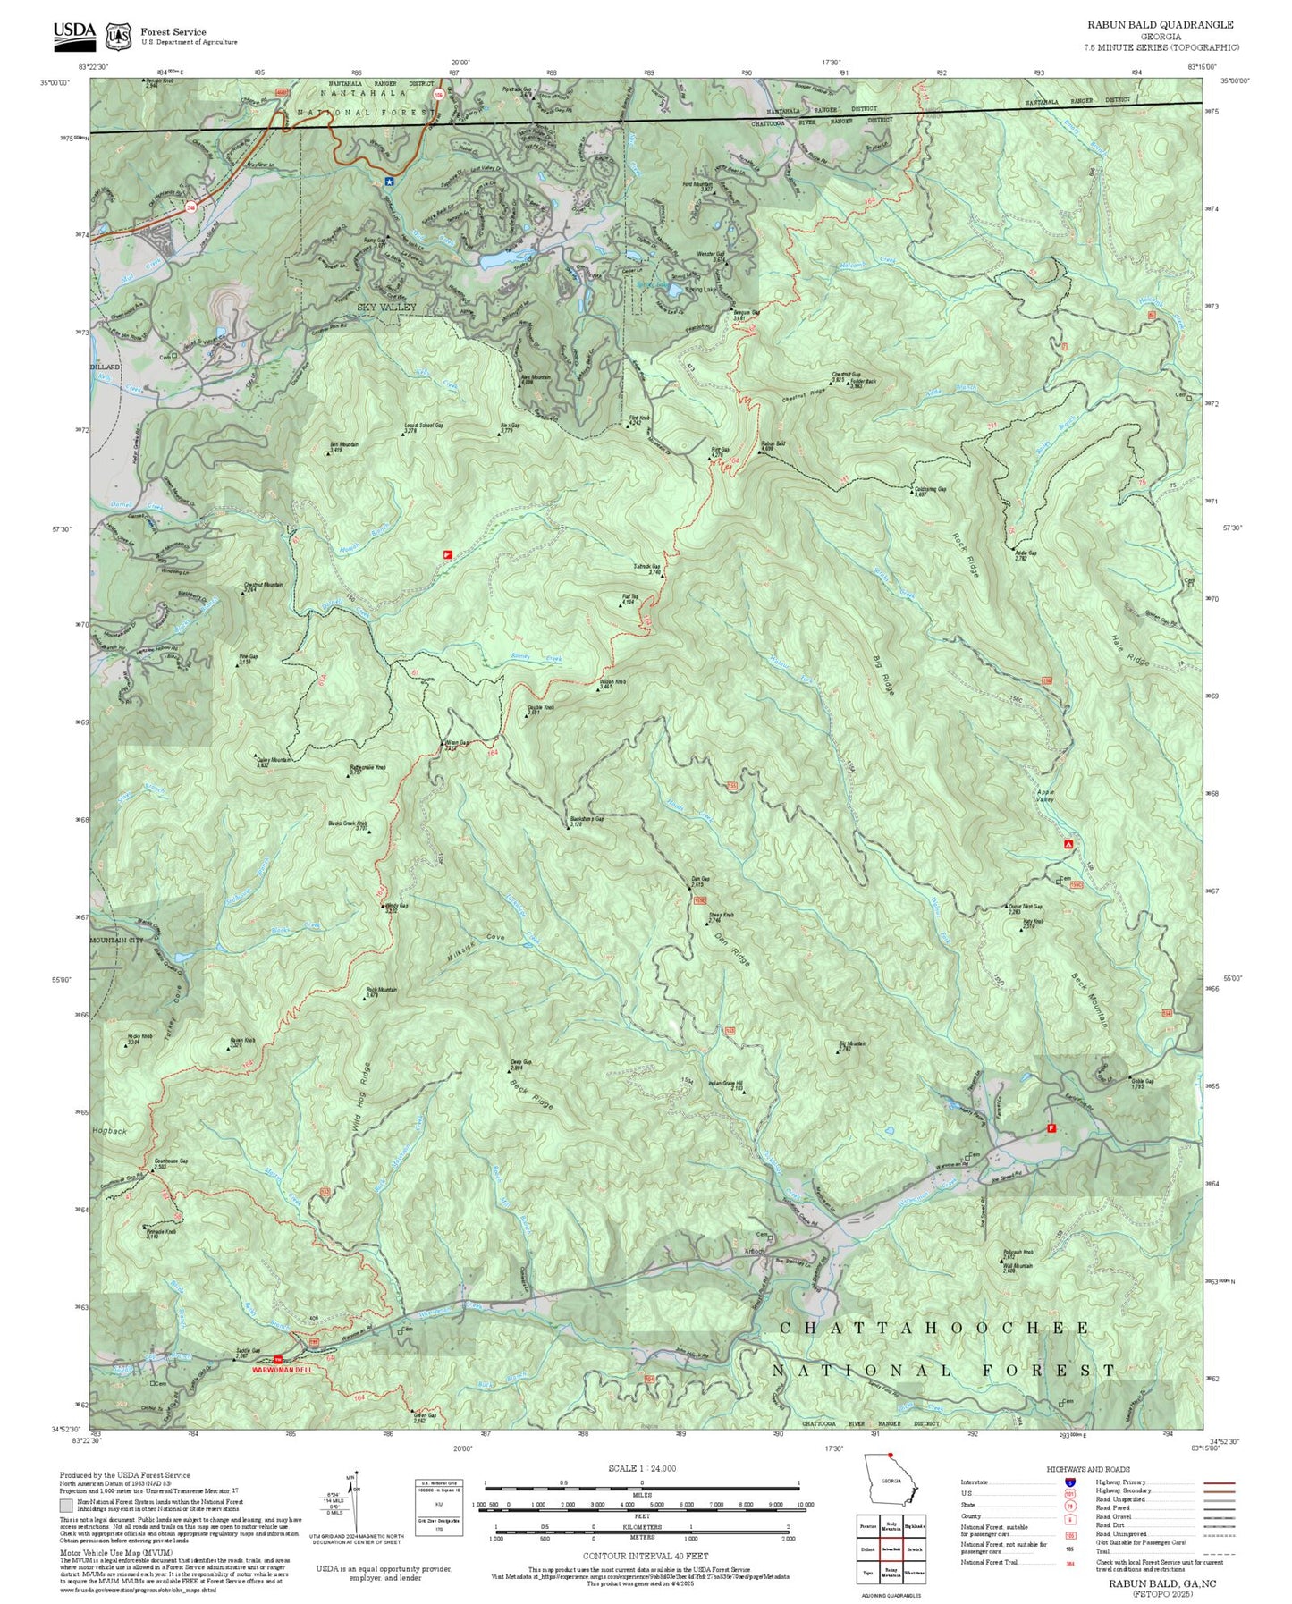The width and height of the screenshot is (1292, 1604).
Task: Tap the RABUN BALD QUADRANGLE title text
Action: [x=1160, y=25]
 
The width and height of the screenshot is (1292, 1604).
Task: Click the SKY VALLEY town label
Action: [x=386, y=307]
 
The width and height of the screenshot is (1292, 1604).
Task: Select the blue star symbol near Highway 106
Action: [x=389, y=181]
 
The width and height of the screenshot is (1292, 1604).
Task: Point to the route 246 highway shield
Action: [x=190, y=207]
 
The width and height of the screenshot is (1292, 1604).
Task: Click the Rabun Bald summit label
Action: [x=773, y=444]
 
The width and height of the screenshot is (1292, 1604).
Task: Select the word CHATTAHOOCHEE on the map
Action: [x=934, y=1328]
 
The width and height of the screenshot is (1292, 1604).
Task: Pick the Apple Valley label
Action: [x=1045, y=795]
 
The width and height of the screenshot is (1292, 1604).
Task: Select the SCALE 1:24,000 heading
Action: [x=641, y=1468]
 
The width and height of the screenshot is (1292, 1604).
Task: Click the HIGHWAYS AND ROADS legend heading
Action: [x=1087, y=1469]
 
